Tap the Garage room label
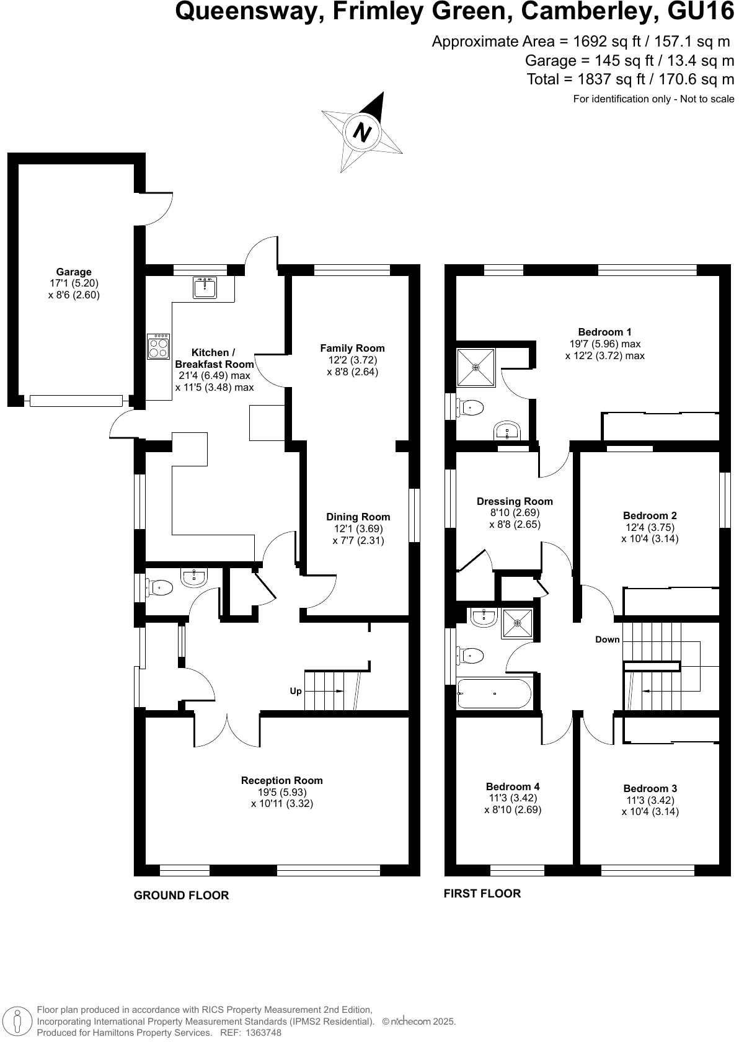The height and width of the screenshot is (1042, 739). [x=74, y=272]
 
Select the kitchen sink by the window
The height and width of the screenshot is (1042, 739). [x=205, y=288]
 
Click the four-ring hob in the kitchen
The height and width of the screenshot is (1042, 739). [x=159, y=346]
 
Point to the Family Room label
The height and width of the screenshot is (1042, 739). [x=352, y=348]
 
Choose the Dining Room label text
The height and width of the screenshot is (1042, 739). [x=358, y=517]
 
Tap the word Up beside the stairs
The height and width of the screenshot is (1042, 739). [x=296, y=691]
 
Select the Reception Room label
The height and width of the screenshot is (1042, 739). [x=282, y=780]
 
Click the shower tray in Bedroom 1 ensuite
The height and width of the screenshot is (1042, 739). [x=476, y=367]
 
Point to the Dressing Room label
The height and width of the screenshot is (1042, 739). [x=515, y=501]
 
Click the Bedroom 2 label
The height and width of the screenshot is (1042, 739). [x=650, y=515]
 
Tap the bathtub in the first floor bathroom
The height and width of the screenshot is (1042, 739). [x=494, y=694]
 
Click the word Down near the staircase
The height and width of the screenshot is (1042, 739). [x=607, y=639]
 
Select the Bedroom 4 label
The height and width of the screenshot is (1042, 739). [x=513, y=786]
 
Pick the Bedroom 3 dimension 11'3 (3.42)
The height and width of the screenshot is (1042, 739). [x=650, y=800]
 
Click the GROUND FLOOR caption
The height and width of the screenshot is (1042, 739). [x=181, y=896]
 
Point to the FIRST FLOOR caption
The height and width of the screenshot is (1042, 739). [x=482, y=894]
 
